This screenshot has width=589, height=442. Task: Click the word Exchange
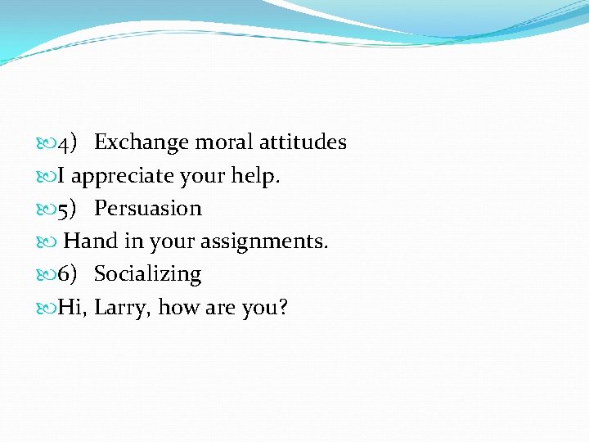pyautogui.click(x=142, y=142)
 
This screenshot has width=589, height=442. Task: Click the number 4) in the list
pyautogui.click(x=67, y=143)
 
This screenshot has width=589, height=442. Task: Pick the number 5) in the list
pyautogui.click(x=67, y=209)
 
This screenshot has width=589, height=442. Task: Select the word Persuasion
pyautogui.click(x=148, y=209)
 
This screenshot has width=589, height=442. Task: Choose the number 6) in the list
pyautogui.click(x=67, y=274)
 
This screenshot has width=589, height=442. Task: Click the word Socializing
pyautogui.click(x=148, y=275)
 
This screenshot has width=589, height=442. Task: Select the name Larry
pyautogui.click(x=122, y=309)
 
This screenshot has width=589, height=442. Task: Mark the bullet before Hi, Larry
pyautogui.click(x=47, y=309)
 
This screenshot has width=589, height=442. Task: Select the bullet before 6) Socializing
pyautogui.click(x=47, y=275)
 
